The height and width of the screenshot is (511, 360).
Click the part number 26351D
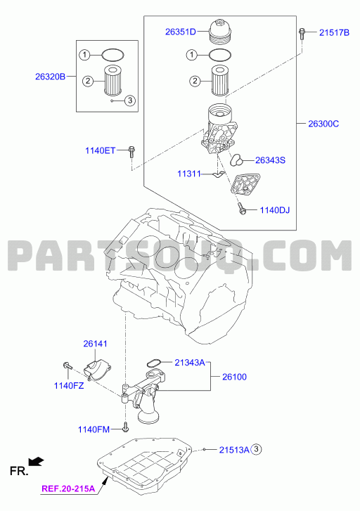click(180, 32)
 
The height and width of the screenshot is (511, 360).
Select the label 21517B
click(334, 32)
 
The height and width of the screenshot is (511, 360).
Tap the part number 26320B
click(50, 77)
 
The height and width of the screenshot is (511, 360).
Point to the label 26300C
click(323, 124)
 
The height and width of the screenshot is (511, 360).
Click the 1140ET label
click(100, 150)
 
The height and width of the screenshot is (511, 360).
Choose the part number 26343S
click(270, 160)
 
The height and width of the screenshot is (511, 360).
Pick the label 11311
click(189, 174)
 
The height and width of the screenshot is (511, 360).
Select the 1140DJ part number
click(274, 210)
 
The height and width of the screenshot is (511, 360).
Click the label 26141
click(95, 344)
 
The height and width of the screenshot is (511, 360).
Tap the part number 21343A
click(190, 363)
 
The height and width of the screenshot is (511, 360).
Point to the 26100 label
click(234, 377)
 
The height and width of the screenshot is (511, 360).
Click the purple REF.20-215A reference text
click(68, 489)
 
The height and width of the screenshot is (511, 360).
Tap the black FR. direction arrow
click(36, 461)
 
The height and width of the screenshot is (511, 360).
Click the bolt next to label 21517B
click(302, 34)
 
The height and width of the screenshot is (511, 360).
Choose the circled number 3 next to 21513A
click(257, 449)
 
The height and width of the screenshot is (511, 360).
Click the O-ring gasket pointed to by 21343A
click(153, 363)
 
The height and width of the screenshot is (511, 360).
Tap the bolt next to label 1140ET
click(131, 153)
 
